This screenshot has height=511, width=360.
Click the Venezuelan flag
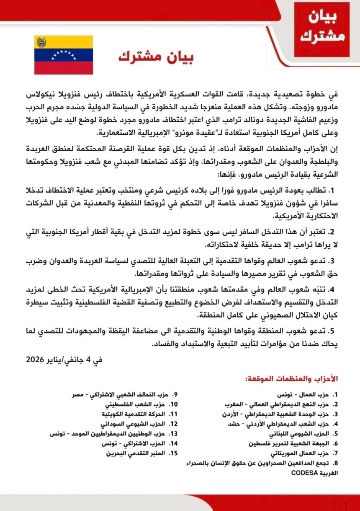63,55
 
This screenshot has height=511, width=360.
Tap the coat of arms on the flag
41,42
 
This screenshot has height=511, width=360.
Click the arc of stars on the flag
64,54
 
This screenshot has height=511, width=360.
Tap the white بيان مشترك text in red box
321,28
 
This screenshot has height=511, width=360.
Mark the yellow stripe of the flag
63,42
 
